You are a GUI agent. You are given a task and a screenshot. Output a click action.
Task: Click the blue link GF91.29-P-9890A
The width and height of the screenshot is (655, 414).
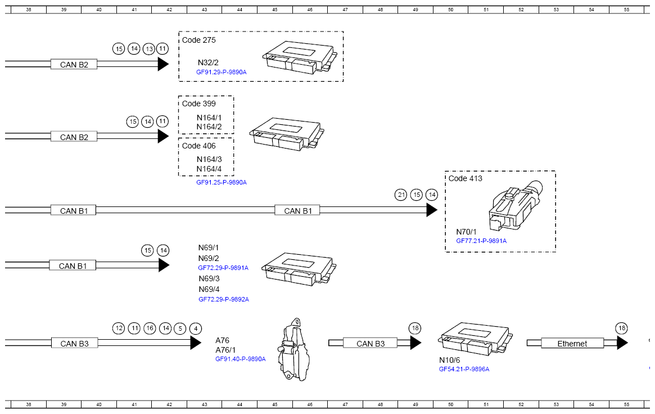(x=222, y=72)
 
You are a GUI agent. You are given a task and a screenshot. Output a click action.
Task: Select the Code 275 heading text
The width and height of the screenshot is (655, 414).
(x=199, y=40)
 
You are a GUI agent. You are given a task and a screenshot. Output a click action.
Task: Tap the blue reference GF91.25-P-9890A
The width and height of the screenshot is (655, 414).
(x=222, y=183)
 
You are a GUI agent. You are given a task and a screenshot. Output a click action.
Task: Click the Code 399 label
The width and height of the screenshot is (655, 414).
(x=199, y=103)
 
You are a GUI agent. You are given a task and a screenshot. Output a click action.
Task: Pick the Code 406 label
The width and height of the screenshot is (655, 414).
(x=199, y=146)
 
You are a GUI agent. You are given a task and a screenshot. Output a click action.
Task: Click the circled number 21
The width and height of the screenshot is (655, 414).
(x=401, y=195)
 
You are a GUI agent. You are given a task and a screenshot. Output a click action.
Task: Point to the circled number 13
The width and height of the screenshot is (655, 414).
(x=149, y=49)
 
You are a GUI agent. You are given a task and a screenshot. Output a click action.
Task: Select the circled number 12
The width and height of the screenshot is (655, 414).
(x=119, y=328)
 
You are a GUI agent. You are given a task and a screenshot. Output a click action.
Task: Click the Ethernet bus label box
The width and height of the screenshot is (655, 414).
(x=572, y=343)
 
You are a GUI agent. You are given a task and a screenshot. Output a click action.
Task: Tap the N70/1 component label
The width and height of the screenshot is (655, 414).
(x=466, y=232)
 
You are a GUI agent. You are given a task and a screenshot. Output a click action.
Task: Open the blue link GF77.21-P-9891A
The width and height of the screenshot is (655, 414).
(x=481, y=241)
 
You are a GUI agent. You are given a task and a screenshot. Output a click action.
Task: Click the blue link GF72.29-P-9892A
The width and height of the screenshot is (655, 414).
(x=223, y=300)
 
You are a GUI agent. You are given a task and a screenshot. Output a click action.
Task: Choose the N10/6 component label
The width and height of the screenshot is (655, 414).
(x=449, y=360)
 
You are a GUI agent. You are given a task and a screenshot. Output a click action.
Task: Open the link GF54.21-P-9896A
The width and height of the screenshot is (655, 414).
(x=464, y=370)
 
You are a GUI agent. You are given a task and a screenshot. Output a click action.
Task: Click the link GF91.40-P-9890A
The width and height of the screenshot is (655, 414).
(x=240, y=359)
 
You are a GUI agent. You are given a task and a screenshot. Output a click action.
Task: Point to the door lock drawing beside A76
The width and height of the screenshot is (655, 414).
(x=294, y=349)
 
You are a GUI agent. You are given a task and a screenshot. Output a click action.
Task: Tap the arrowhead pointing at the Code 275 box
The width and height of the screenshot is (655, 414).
(x=164, y=64)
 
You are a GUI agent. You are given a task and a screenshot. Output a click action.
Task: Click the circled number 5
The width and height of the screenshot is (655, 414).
(x=180, y=328)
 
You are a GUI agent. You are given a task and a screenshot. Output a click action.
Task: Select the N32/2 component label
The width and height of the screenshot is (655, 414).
(x=208, y=62)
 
